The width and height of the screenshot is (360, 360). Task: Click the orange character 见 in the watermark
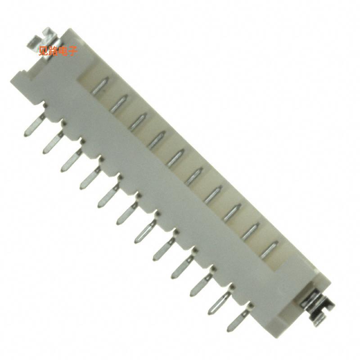[x=44, y=51]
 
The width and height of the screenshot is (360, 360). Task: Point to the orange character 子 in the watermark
[x=73, y=51]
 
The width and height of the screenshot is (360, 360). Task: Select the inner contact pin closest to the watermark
[x=101, y=85]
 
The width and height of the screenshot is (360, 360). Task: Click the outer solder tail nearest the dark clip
[x=237, y=320]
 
